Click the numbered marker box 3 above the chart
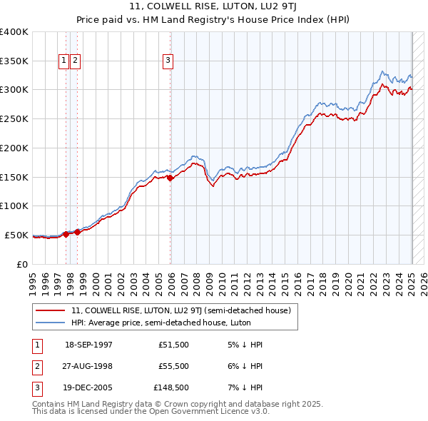[168, 61]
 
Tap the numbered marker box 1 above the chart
[63, 61]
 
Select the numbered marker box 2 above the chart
[75, 61]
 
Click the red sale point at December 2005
[170, 178]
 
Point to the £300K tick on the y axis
[15, 90]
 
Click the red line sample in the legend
[51, 311]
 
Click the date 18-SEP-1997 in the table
[88, 345]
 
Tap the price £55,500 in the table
[173, 367]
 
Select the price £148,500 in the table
[171, 389]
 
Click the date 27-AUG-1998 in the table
[88, 367]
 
